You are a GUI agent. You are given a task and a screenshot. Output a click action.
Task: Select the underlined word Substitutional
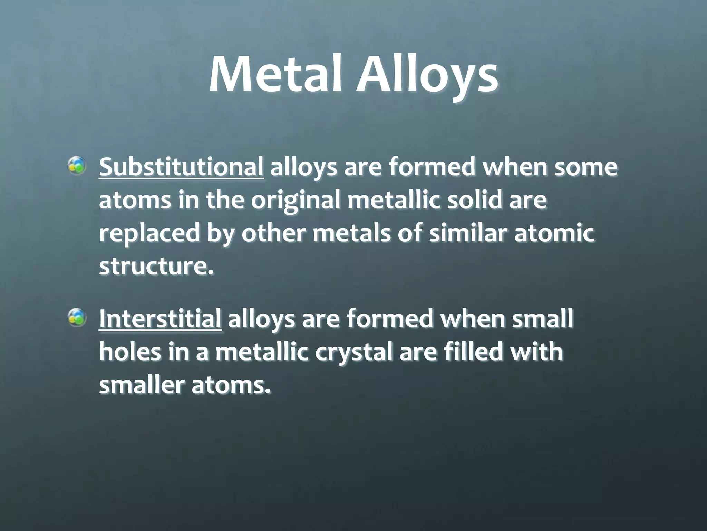click(181, 167)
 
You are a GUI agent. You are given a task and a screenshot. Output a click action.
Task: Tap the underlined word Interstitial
click(160, 319)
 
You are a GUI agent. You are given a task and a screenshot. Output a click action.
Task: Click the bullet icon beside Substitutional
click(77, 165)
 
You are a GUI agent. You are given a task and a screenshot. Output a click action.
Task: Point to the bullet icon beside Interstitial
click(77, 317)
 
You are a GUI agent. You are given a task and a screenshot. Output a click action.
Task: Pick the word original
click(296, 201)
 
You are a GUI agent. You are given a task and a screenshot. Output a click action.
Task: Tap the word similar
click(468, 233)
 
